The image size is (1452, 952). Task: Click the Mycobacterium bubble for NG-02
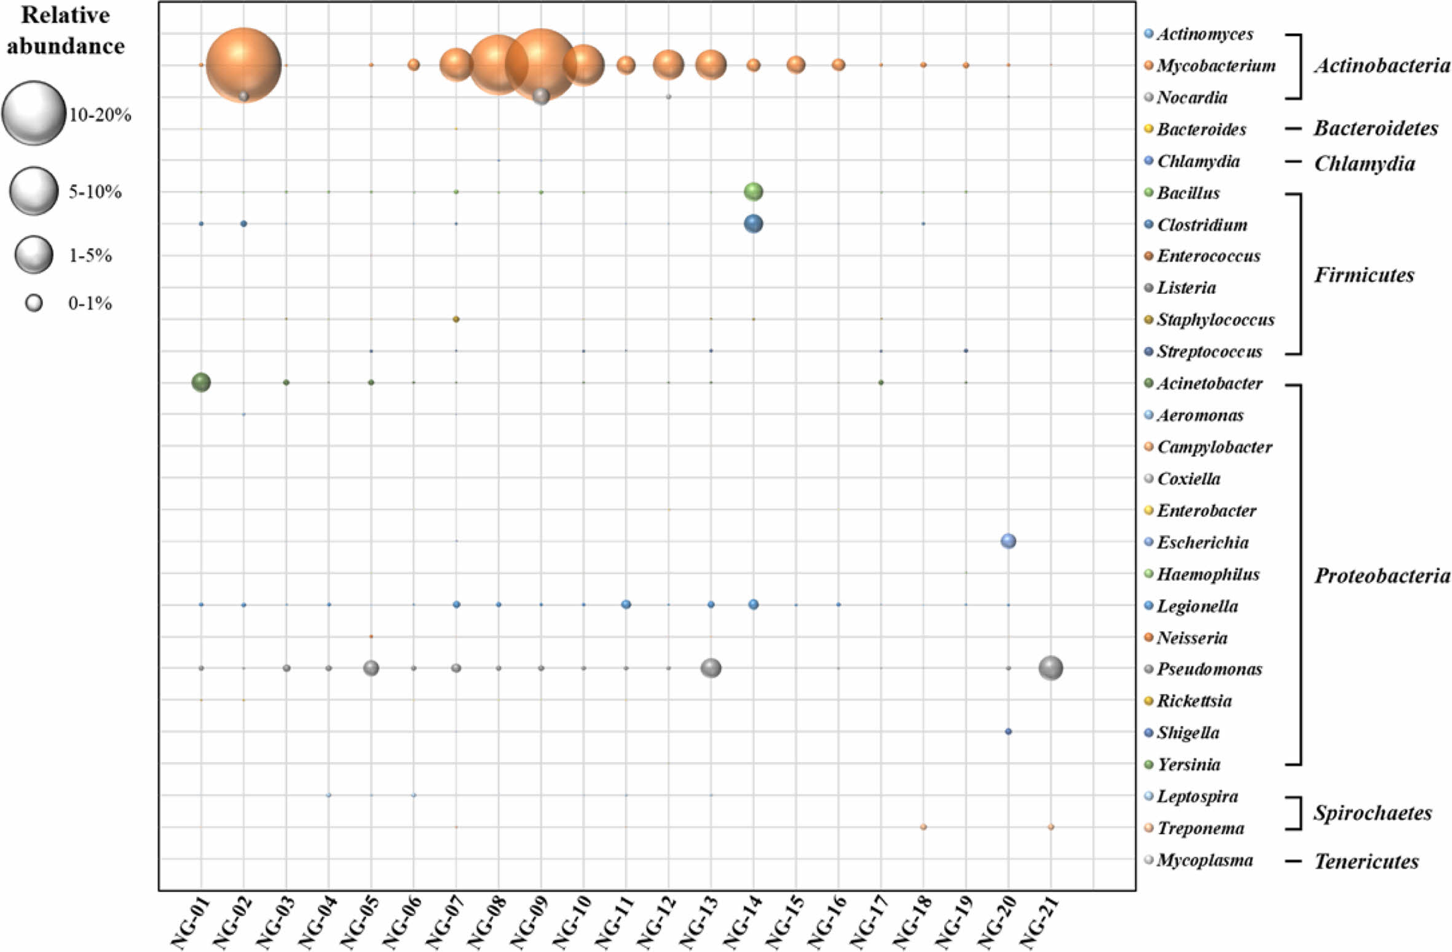pos(243,65)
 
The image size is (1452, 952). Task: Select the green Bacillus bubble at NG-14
pos(753,192)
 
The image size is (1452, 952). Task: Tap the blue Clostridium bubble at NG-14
pos(753,224)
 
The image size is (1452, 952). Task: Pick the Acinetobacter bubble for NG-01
pos(201,382)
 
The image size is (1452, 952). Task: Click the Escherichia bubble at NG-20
pos(1008,541)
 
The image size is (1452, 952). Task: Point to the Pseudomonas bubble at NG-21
pos(1051,667)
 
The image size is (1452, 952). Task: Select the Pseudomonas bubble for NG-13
pos(711,667)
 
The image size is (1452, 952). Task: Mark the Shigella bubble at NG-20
pos(1008,731)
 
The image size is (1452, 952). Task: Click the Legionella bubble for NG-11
pos(626,604)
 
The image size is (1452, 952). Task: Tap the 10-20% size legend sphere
pos(33,113)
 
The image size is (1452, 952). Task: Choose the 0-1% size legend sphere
pos(34,302)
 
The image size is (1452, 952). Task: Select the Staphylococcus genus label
pos(1215,320)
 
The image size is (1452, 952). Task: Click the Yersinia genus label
pos(1188,765)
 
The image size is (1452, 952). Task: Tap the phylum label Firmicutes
pos(1364,275)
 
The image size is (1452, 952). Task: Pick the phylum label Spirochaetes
pos(1373,813)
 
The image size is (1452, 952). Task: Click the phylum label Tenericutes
pos(1366,862)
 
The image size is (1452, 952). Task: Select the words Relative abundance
pos(65,31)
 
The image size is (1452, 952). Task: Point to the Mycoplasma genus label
pos(1204,860)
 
